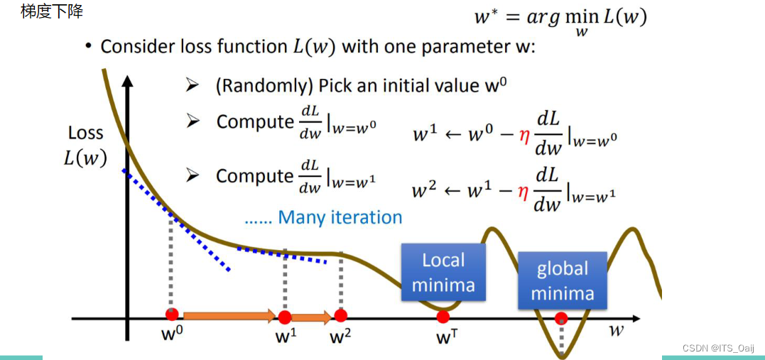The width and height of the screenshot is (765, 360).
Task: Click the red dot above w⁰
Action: (171, 315)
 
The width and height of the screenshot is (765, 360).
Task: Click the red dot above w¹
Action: (285, 317)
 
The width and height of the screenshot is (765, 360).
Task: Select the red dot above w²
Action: (340, 315)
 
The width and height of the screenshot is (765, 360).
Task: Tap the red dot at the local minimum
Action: (443, 317)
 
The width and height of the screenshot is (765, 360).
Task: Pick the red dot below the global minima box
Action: (561, 317)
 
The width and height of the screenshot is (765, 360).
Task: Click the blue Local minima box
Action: (443, 273)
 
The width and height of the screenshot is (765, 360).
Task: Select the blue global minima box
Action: (562, 280)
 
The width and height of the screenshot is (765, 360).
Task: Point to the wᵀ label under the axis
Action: (443, 337)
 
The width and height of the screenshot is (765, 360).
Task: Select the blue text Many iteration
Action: (340, 217)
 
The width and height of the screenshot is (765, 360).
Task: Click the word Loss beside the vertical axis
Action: (86, 133)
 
